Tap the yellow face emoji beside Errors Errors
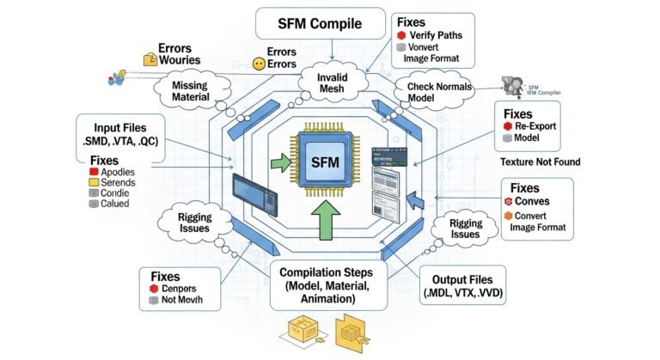pyautogui.click(x=256, y=63)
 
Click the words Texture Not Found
pyautogui.click(x=540, y=162)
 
